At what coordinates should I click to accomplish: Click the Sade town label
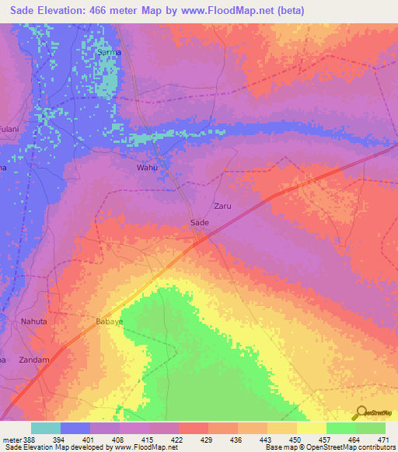pyautogui.click(x=200, y=222)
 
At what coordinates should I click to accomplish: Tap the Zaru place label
pyautogui.click(x=222, y=207)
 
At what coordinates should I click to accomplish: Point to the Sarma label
pyautogui.click(x=108, y=53)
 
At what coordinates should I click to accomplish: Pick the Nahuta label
pyautogui.click(x=34, y=321)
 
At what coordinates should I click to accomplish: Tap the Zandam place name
pyautogui.click(x=34, y=360)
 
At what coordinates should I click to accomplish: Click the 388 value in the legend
pyautogui.click(x=26, y=440)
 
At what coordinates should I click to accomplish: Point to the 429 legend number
pyautogui.click(x=208, y=440)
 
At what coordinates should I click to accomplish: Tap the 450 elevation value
pyautogui.click(x=296, y=440)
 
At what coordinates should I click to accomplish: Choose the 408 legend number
pyautogui.click(x=119, y=440)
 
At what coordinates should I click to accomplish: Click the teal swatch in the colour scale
pyautogui.click(x=46, y=428)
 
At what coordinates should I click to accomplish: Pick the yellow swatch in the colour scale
pyautogui.click(x=311, y=428)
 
